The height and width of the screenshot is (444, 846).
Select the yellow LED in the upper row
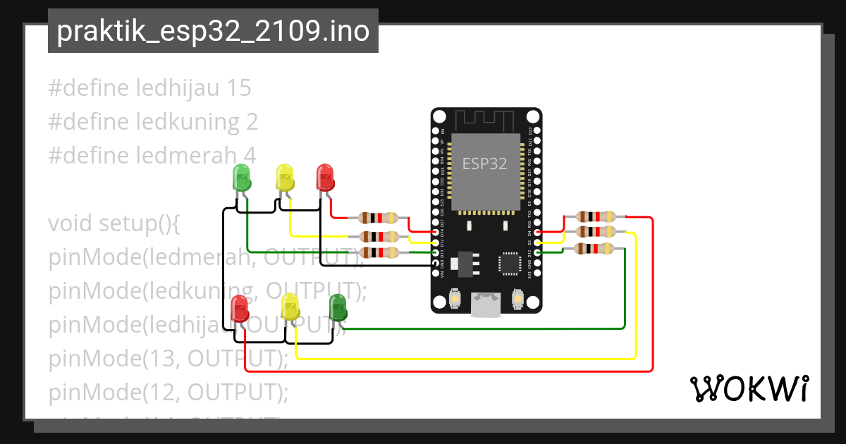point(284,178)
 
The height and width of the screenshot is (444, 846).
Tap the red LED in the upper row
point(324,177)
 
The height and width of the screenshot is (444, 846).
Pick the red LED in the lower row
point(240,308)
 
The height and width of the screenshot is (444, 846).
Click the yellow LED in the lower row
point(290,307)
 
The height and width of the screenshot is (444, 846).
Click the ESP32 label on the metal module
point(484,164)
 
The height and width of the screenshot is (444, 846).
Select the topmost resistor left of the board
point(379,218)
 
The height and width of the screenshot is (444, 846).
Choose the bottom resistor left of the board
point(379,252)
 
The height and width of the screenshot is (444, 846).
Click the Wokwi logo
point(749,388)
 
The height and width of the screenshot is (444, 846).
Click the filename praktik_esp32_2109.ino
point(213,31)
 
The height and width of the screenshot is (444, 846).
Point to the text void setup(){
point(115,223)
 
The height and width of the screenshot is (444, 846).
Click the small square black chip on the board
point(509,263)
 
